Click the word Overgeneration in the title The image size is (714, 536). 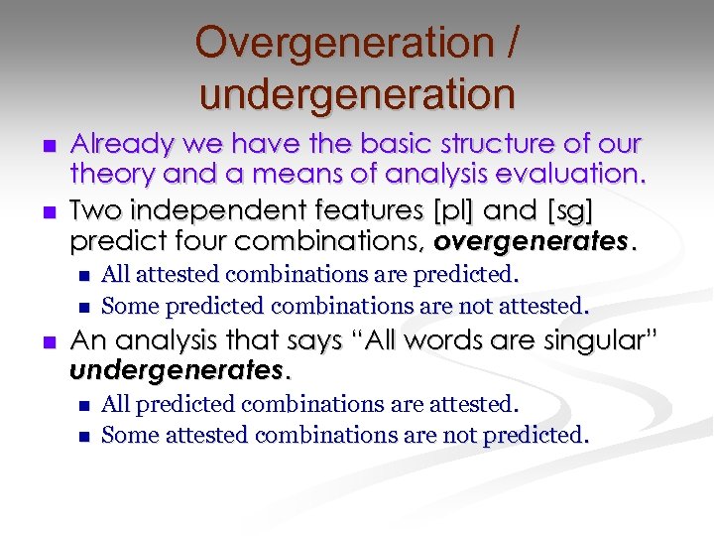click(x=337, y=44)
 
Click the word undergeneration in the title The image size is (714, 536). click(x=357, y=94)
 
